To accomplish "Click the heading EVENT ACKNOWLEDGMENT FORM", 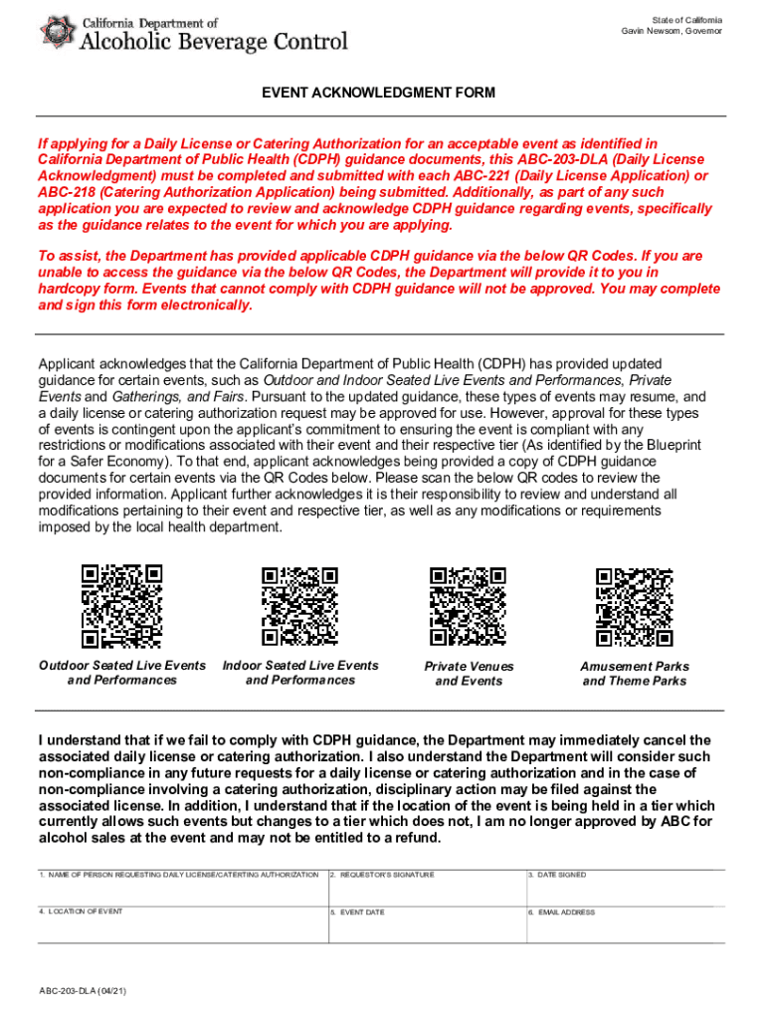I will (378, 94).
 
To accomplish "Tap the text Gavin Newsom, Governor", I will (672, 32).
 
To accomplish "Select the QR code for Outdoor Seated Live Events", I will (121, 606).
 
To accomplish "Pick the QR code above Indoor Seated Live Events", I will (299, 606).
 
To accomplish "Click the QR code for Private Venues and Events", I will (469, 606).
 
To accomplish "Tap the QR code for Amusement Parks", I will (635, 606).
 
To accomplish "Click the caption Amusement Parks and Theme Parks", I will (635, 674).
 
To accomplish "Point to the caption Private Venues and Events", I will (469, 674).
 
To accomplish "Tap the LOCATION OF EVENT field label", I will (81, 912).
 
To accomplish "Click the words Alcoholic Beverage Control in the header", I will (213, 42).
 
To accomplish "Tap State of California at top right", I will (687, 20).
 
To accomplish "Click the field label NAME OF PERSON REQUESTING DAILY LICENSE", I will (179, 875).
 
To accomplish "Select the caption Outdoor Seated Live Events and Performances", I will (121, 673).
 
